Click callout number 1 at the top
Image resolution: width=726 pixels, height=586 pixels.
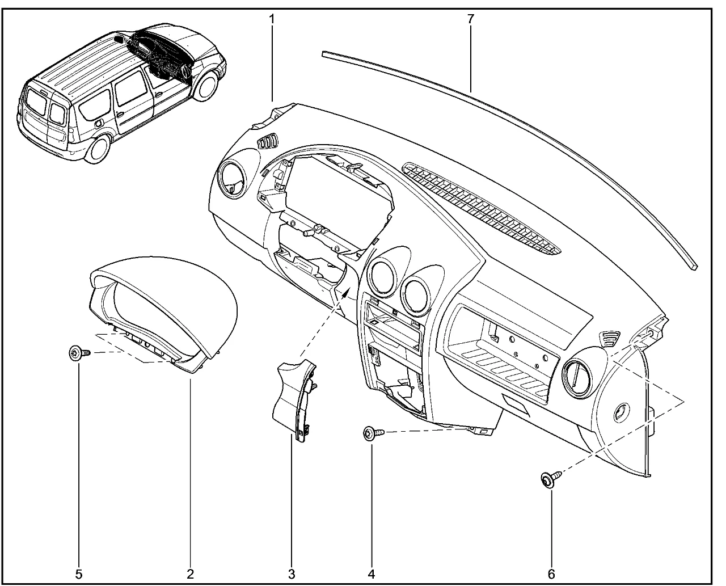coord(272,19)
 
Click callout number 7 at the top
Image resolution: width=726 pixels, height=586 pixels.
coord(470,19)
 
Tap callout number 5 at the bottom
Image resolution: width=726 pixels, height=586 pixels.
coord(79,574)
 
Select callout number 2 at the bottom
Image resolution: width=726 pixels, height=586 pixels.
coord(191,574)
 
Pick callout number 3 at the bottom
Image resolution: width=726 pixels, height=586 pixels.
coord(292,574)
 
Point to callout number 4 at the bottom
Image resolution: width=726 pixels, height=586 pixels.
coord(372,574)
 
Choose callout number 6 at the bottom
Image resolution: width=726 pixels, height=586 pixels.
coord(551,574)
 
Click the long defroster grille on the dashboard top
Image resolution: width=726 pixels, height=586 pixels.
coord(482,207)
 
